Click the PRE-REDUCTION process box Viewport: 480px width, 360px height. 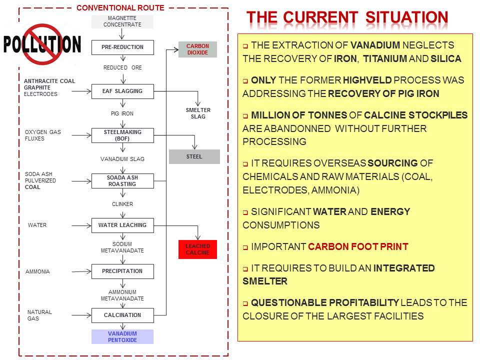122,47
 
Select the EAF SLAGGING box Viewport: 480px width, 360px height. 122,91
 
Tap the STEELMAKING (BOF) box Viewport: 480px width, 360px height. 122,135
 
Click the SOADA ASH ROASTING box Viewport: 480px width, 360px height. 122,181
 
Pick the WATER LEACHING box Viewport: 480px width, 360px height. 122,225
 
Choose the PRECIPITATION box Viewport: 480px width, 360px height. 122,271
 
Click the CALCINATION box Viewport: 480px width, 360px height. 122,315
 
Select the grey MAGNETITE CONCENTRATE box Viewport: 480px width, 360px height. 122,21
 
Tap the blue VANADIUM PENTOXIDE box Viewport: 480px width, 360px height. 122,336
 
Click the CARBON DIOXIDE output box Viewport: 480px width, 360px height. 197,49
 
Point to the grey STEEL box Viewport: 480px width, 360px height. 194,156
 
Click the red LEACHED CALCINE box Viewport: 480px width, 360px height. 197,249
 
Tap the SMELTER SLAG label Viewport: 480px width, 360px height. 198,113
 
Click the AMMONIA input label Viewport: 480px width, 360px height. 37,271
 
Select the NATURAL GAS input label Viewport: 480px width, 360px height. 39,315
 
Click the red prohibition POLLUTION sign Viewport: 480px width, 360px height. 42,44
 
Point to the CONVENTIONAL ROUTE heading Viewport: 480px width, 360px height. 120,7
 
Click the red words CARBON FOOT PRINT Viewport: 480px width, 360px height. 358,246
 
